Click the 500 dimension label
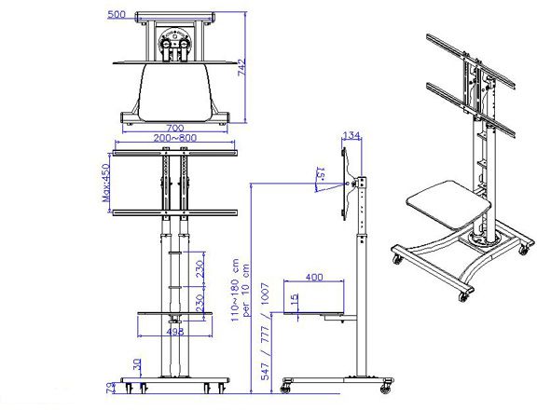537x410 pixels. point(117,14)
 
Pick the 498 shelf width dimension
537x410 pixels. point(175,330)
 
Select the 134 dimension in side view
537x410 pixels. point(351,137)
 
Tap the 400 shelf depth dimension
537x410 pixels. point(314,277)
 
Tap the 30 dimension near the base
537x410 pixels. point(138,364)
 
